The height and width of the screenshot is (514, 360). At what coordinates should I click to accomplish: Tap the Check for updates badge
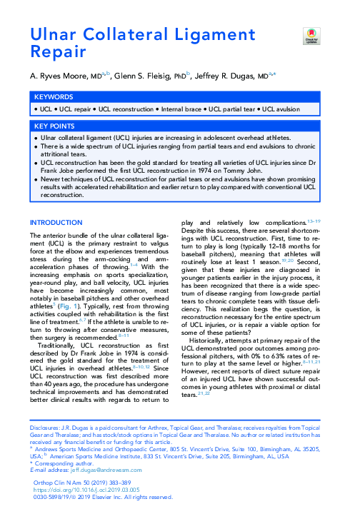coord(309,35)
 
